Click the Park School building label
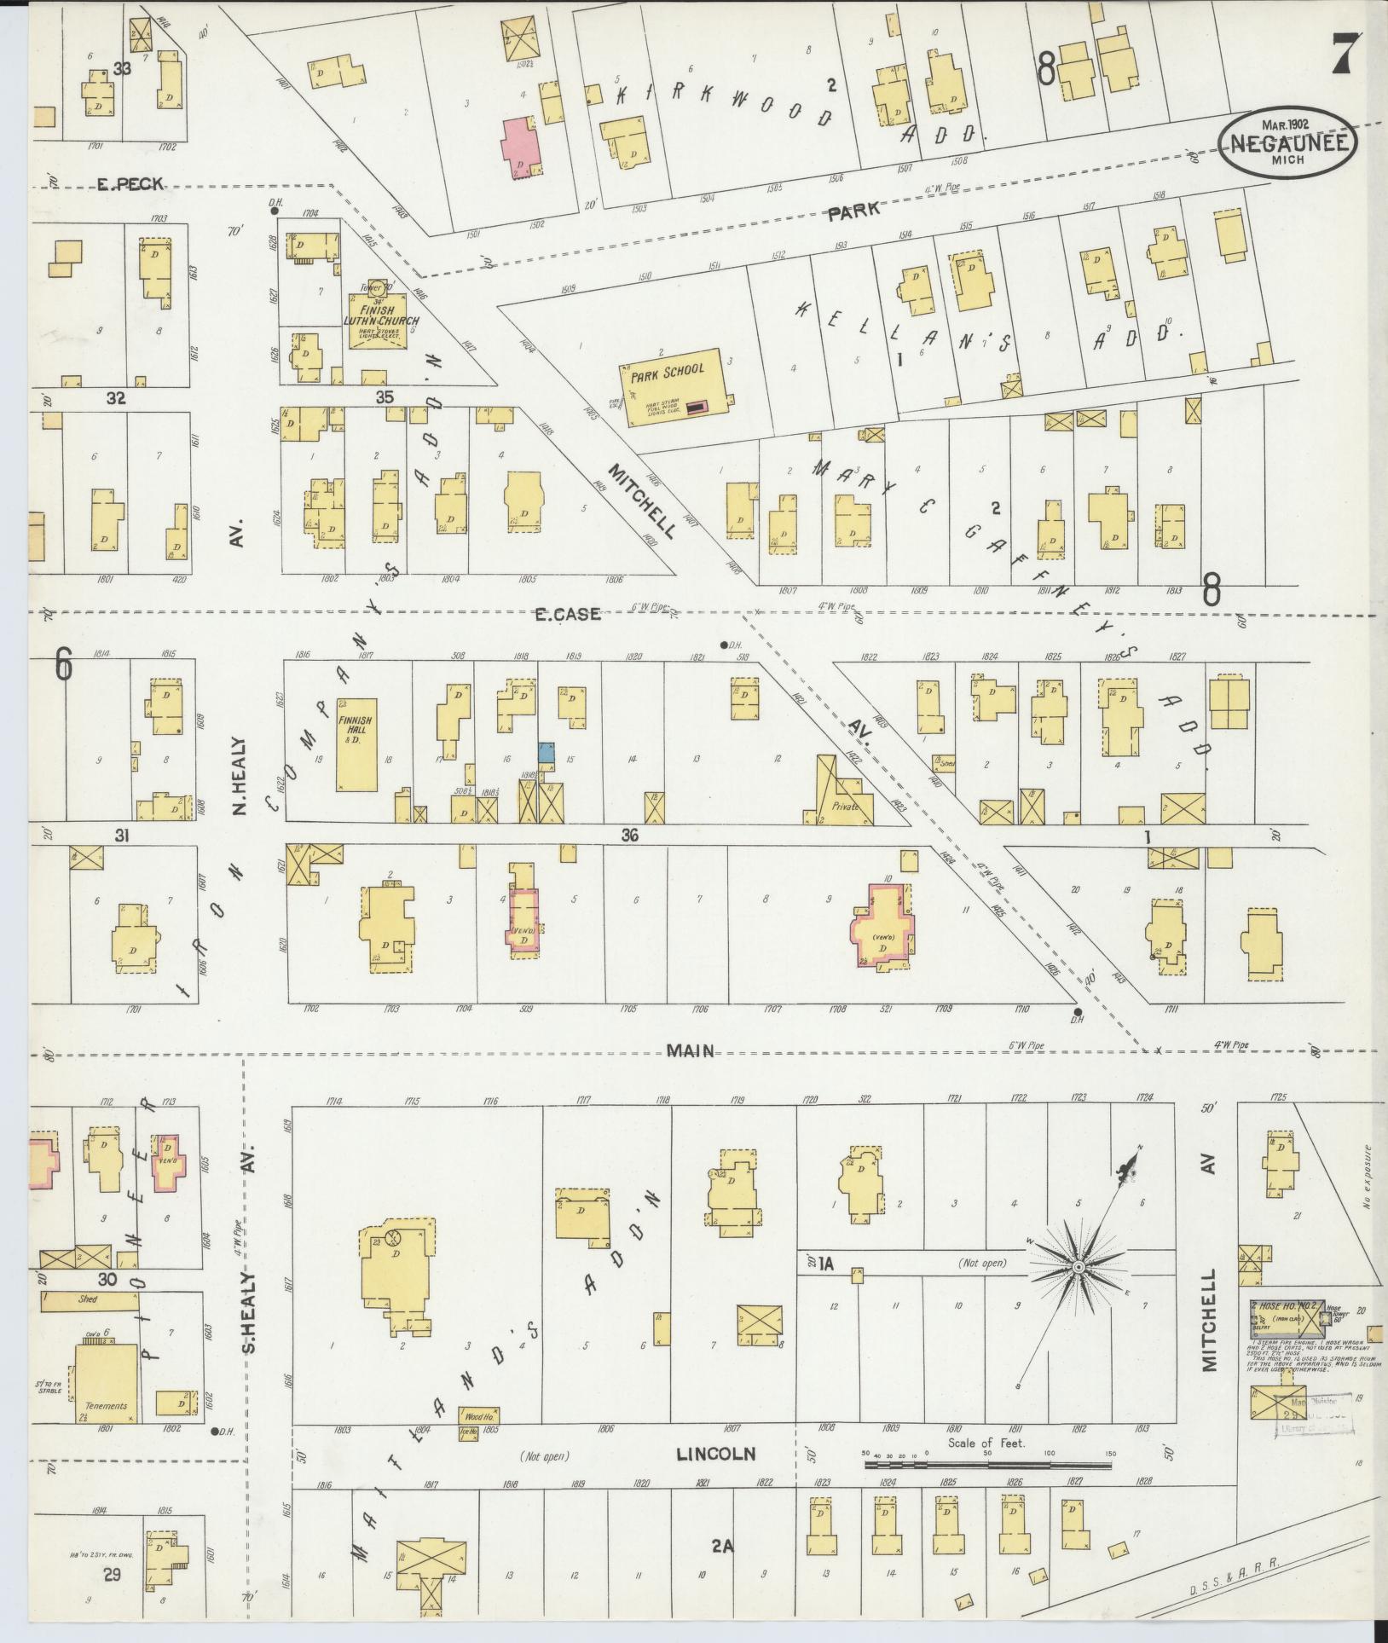click(668, 369)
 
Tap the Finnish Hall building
click(356, 743)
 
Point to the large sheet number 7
click(1345, 55)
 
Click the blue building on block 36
click(547, 752)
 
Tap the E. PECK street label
click(129, 183)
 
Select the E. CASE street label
click(567, 613)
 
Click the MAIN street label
click(690, 1050)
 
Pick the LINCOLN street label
click(716, 1453)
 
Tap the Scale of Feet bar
click(987, 1466)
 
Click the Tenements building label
click(106, 1406)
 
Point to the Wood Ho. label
click(478, 1416)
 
